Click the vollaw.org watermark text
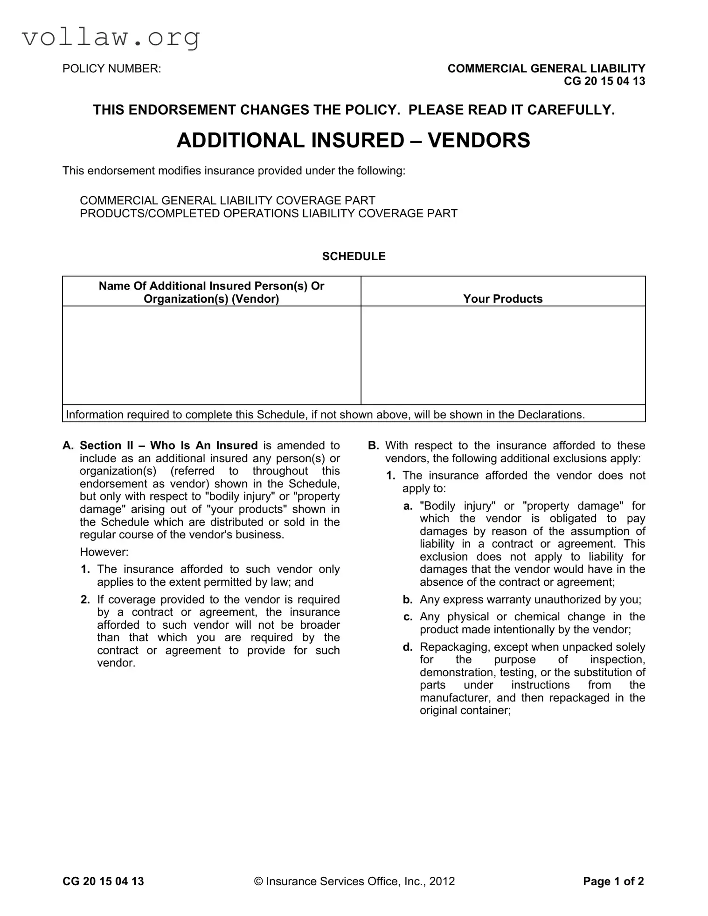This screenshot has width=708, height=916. (111, 37)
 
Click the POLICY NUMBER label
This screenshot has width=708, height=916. (111, 69)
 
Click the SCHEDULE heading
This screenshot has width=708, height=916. (354, 257)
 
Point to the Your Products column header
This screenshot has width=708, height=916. (503, 299)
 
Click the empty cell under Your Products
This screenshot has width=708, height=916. (503, 355)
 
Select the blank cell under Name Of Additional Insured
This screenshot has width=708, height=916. (211, 355)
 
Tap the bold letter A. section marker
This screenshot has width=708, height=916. (68, 446)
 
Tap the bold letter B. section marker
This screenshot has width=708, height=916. (373, 446)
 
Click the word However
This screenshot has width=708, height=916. (104, 552)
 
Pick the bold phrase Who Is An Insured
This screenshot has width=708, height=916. (204, 446)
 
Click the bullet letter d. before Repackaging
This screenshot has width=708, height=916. (408, 647)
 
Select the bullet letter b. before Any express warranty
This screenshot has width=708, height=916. (408, 600)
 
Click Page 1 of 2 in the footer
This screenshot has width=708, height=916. (613, 881)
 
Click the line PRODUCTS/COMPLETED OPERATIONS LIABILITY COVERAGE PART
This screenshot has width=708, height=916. (269, 214)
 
